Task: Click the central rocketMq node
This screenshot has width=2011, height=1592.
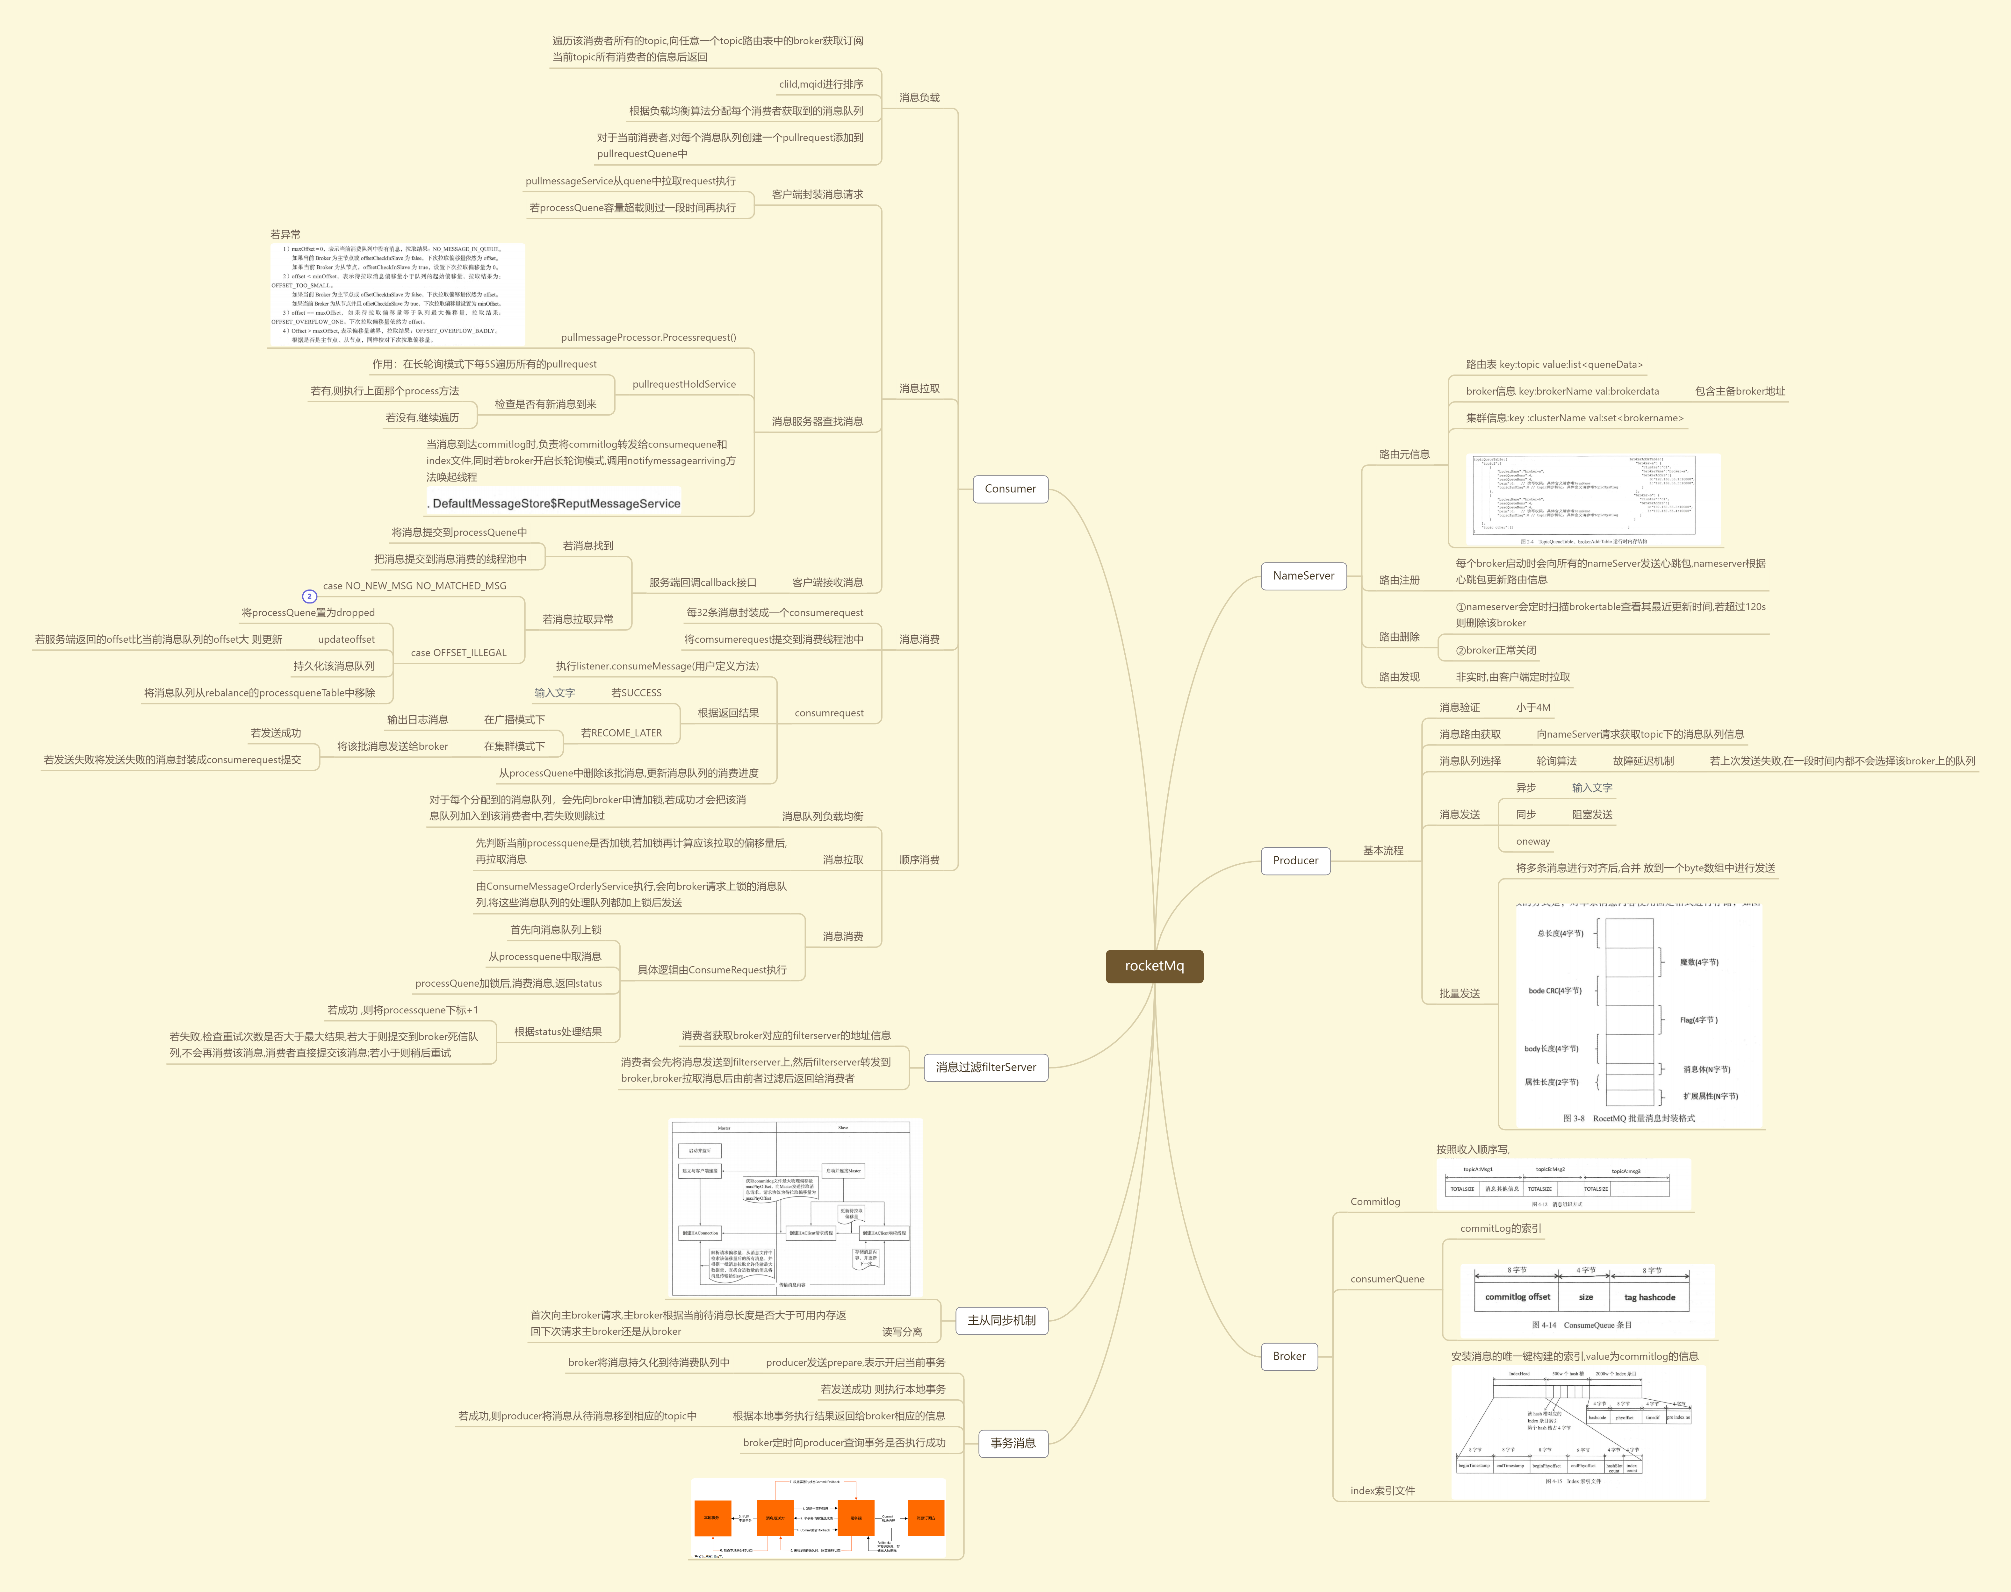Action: click(x=1154, y=966)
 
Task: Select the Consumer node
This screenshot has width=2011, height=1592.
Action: click(x=1010, y=489)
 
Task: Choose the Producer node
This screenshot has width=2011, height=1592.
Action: click(x=1295, y=860)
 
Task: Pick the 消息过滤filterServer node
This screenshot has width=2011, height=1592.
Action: click(x=985, y=1067)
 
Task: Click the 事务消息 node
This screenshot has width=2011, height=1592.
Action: click(x=1013, y=1443)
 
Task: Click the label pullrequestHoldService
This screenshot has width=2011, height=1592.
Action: click(x=683, y=384)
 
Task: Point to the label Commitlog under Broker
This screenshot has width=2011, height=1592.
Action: click(x=1375, y=1202)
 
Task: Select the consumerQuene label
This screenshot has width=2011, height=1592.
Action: click(x=1387, y=1279)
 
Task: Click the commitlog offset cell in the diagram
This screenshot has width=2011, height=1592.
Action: click(x=1517, y=1296)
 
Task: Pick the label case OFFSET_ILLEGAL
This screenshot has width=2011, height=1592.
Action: click(x=459, y=653)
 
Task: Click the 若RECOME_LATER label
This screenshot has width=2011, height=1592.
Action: click(x=621, y=732)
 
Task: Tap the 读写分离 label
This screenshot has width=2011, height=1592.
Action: click(x=902, y=1332)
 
